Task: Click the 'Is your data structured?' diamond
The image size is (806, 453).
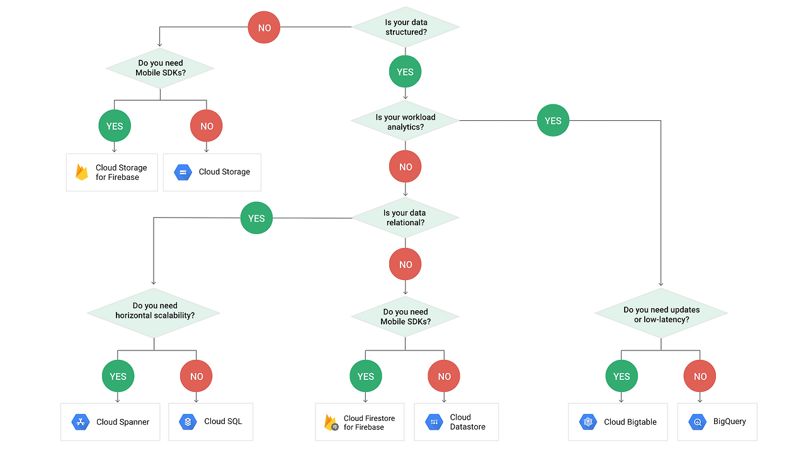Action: (x=406, y=27)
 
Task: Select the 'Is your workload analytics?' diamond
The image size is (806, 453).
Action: (x=406, y=122)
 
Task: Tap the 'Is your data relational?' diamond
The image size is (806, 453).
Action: (x=404, y=218)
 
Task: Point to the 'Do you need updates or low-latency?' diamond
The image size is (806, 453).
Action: (x=661, y=314)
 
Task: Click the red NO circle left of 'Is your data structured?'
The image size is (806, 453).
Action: (x=264, y=28)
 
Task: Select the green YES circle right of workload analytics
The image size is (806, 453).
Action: (x=553, y=121)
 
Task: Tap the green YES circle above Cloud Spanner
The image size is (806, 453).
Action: (x=118, y=376)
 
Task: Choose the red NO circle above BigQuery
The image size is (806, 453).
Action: (x=700, y=376)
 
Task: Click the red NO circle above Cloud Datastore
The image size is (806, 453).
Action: (x=444, y=376)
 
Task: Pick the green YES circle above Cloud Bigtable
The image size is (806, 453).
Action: (x=621, y=376)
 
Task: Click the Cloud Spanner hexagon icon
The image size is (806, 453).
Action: (x=81, y=422)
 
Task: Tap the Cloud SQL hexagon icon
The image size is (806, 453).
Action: (x=188, y=422)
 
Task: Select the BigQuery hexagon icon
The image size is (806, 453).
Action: (x=697, y=422)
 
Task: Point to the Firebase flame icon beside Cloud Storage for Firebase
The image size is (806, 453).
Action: (x=82, y=172)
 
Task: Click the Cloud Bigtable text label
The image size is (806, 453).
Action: (x=630, y=422)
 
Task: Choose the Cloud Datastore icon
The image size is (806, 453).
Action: (x=434, y=422)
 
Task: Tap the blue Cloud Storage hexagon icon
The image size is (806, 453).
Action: (x=183, y=172)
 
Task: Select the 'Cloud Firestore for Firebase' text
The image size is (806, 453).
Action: (x=369, y=422)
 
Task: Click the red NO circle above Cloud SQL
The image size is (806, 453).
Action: (x=196, y=376)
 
